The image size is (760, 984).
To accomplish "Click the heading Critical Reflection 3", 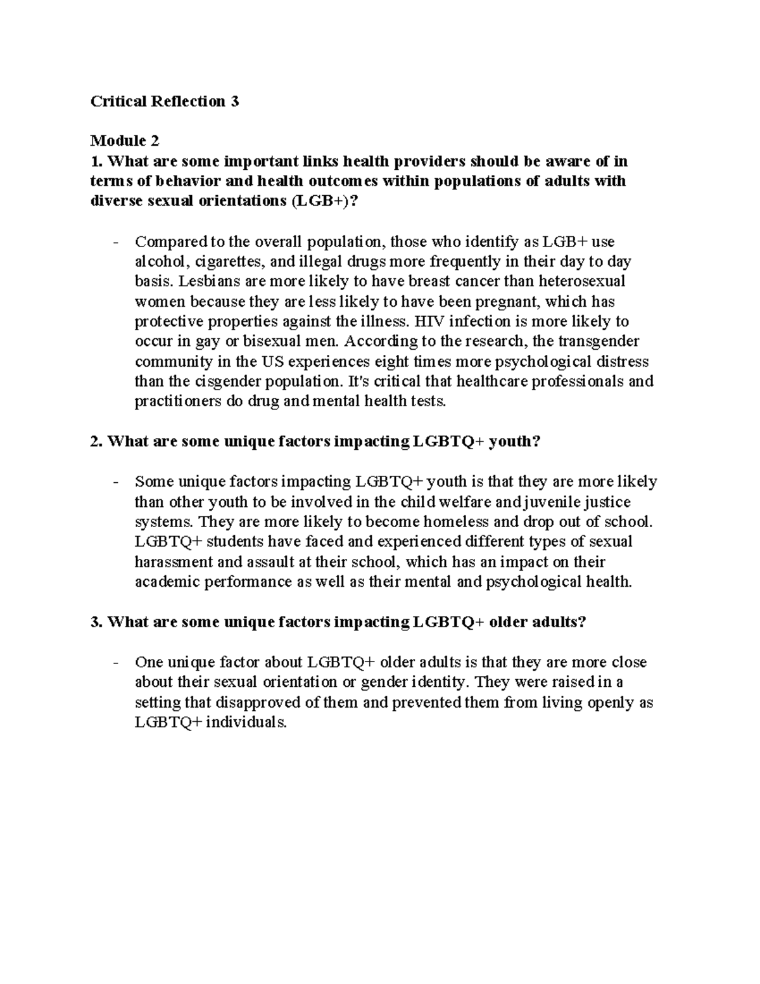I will coord(165,101).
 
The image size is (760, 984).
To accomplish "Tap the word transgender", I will coord(599,342).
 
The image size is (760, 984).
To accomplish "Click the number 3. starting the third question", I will coord(96,622).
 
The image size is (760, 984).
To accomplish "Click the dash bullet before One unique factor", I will coord(115,663).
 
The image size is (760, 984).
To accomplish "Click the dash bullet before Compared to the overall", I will coord(115,242).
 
